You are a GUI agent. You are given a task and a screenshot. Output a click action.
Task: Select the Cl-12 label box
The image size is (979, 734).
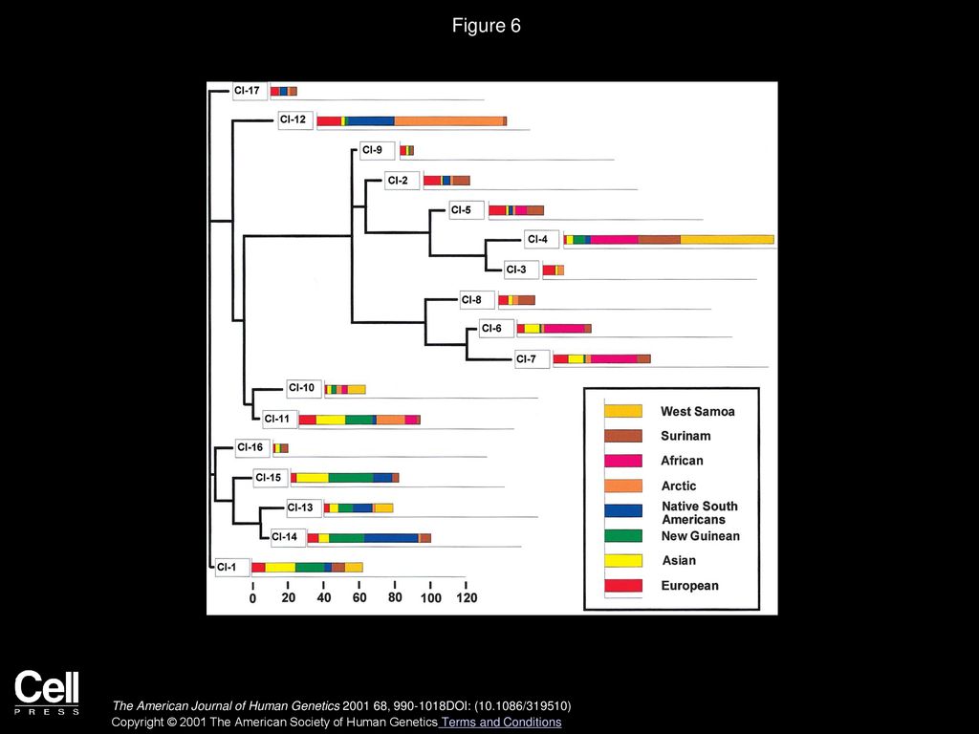click(x=294, y=119)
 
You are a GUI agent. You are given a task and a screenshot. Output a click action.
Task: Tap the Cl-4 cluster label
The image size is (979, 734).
click(x=541, y=239)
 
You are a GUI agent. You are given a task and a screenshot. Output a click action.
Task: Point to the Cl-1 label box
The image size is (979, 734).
click(x=231, y=568)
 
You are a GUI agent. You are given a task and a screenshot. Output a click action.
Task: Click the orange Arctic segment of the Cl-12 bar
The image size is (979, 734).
click(x=448, y=121)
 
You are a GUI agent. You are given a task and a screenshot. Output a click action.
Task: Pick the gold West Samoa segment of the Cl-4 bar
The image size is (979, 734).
click(x=727, y=240)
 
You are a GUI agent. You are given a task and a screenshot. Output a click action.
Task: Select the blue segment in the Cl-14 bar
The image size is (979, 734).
click(x=391, y=538)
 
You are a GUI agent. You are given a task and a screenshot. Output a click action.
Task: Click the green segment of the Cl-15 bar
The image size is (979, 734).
click(x=351, y=478)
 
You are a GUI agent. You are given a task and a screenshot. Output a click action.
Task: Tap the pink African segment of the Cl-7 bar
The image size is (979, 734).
click(x=613, y=359)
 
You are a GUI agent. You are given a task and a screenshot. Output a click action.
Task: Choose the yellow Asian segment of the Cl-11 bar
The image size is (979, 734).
click(x=330, y=420)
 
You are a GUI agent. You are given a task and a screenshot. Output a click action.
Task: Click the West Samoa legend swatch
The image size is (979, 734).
click(x=622, y=411)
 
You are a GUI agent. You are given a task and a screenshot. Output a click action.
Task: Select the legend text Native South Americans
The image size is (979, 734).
click(x=700, y=512)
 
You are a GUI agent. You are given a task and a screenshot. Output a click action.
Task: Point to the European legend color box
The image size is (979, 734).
click(x=622, y=586)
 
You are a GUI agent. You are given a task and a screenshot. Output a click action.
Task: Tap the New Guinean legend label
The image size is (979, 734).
click(x=701, y=535)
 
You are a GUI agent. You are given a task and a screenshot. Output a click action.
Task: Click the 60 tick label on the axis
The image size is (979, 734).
click(x=359, y=598)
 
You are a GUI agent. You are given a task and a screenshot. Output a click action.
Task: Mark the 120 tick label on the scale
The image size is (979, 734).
click(x=467, y=598)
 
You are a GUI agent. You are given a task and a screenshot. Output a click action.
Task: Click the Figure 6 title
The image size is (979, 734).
click(x=486, y=26)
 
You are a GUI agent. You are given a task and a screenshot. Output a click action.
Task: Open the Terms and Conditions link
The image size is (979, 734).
click(x=501, y=723)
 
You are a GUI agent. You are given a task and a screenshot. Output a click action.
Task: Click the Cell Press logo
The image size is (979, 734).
click(x=47, y=692)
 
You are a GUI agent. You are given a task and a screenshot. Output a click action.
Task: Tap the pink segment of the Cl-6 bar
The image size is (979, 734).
click(x=564, y=329)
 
